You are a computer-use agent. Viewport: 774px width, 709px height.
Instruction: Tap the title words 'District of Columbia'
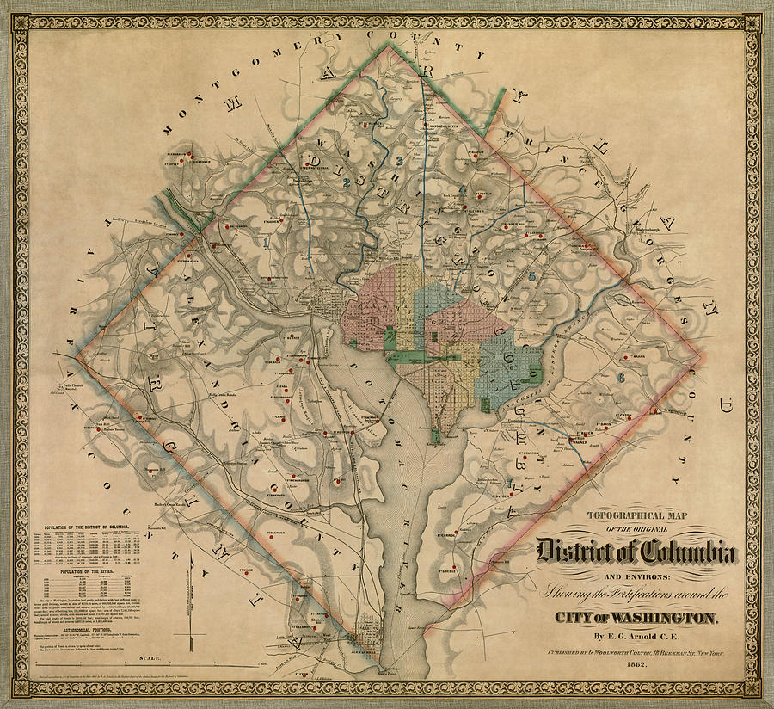tap(636, 549)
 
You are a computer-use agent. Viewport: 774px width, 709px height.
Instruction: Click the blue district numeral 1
tap(267, 243)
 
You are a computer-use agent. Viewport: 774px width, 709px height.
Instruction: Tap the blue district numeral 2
tap(346, 182)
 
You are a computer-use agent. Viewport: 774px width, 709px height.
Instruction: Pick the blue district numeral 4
tap(462, 190)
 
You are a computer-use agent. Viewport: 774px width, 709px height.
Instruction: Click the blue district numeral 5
tap(531, 275)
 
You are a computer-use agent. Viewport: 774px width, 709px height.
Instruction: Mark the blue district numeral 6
tap(620, 377)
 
